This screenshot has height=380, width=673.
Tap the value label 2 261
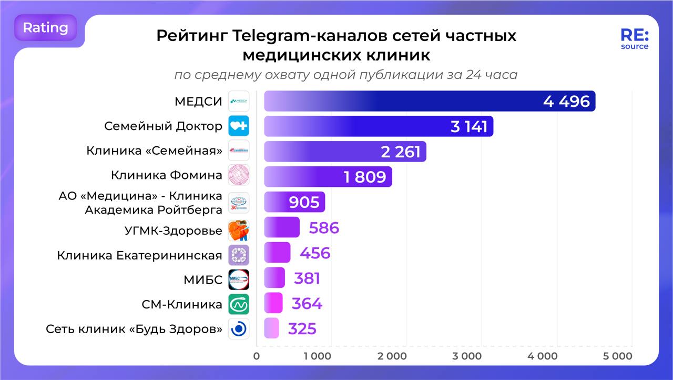click(x=401, y=152)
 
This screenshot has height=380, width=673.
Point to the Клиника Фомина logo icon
click(x=239, y=175)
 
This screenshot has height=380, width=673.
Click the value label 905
click(x=304, y=202)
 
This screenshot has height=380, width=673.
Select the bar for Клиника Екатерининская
click(x=277, y=253)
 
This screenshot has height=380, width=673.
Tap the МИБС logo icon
click(x=239, y=279)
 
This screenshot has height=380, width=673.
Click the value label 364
click(x=307, y=304)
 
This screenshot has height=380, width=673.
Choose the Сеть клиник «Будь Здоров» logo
click(x=239, y=329)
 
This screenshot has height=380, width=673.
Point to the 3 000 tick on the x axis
click(x=467, y=356)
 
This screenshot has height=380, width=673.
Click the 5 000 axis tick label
click(x=617, y=356)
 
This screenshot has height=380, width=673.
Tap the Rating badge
click(x=46, y=27)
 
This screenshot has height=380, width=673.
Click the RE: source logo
click(x=635, y=39)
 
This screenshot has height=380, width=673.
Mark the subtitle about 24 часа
click(x=345, y=75)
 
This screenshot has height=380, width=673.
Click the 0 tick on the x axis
click(x=257, y=356)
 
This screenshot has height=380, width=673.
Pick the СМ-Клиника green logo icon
click(x=239, y=304)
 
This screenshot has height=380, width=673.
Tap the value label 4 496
click(x=566, y=101)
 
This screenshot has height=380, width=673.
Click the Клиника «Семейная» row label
click(x=154, y=151)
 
